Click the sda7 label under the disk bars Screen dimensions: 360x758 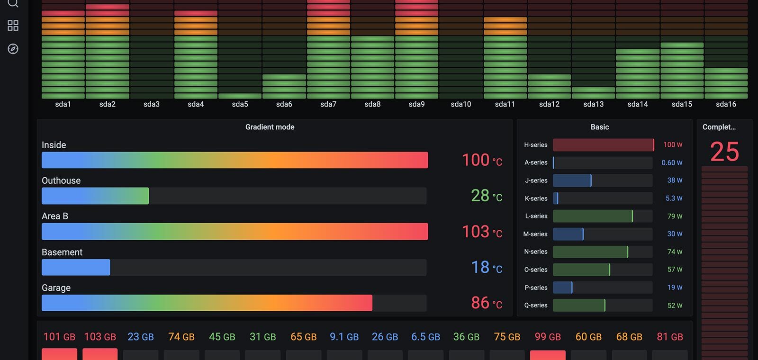(328, 104)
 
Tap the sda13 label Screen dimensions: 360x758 (593, 104)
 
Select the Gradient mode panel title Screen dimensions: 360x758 (270, 127)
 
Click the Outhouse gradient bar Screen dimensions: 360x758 (95, 196)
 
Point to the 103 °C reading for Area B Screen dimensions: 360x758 (482, 232)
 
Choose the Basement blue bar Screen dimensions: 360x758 (76, 268)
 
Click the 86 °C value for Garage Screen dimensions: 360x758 (486, 303)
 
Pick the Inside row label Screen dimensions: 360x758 (54, 145)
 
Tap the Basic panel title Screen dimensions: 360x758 (599, 127)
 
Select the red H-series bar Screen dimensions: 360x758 (603, 145)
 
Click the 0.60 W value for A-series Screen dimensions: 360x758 (672, 163)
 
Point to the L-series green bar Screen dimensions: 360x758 (592, 216)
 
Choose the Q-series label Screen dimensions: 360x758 (536, 306)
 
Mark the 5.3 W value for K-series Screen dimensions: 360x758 (674, 198)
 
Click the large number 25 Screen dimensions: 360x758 (724, 152)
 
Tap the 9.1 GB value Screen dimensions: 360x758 (344, 337)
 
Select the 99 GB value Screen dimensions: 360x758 (548, 337)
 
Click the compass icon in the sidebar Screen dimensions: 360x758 (13, 49)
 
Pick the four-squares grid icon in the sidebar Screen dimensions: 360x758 (13, 26)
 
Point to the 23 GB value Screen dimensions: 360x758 (141, 337)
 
